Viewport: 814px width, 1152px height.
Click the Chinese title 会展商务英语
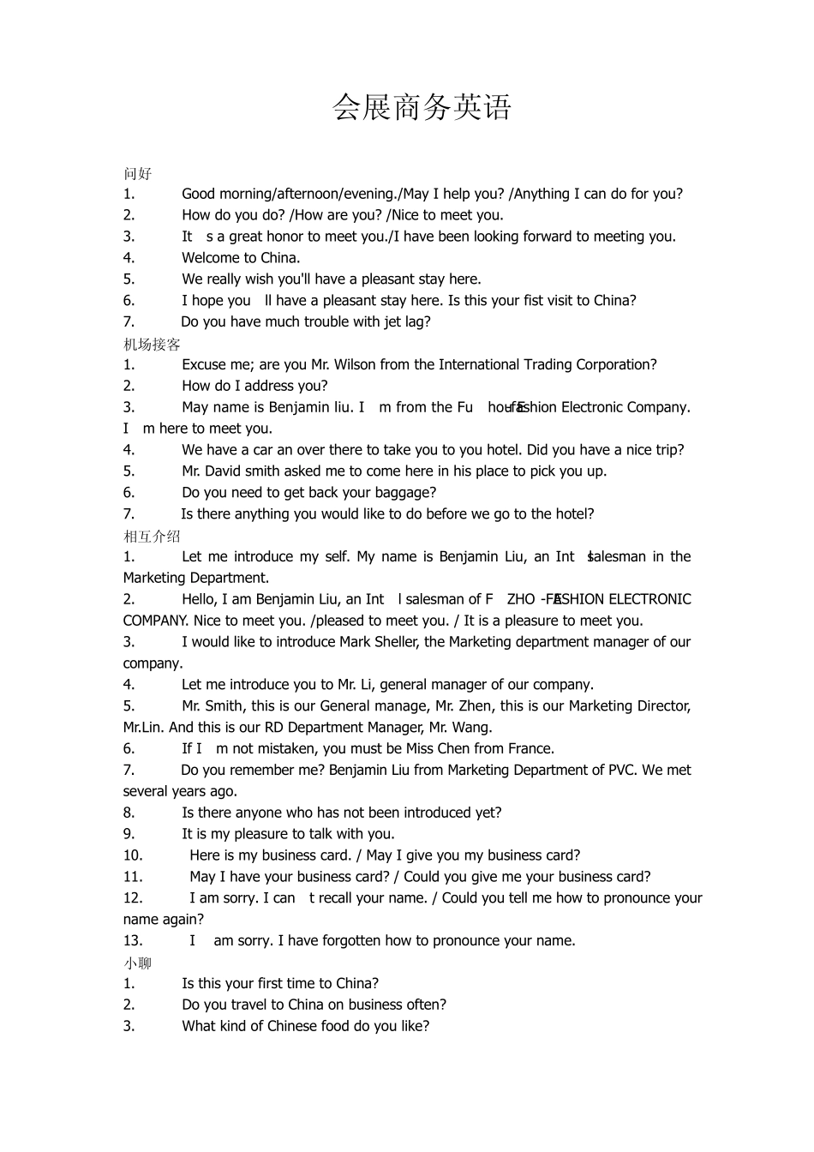coord(422,107)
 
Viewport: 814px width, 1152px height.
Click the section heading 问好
coord(137,173)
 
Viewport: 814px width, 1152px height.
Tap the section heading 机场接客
coord(152,344)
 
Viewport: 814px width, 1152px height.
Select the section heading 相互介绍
coord(152,536)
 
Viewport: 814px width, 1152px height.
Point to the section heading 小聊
coord(137,963)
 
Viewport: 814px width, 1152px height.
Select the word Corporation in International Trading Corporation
coord(617,364)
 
